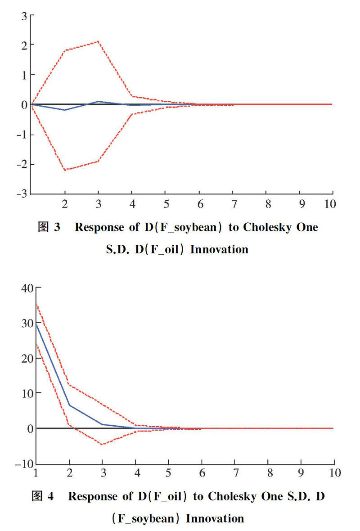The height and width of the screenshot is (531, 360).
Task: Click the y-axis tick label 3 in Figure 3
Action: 24,16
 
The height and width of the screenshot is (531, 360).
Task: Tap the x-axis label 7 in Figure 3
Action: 234,204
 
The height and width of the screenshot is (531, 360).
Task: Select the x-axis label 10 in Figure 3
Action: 330,204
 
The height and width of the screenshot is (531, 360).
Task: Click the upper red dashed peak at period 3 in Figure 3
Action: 98,41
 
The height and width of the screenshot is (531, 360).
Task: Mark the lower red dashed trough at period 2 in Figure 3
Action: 65,169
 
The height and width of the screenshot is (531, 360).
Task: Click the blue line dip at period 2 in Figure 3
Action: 65,110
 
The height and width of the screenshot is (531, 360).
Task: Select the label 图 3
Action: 49,227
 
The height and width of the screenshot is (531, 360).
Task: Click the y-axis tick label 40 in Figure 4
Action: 27,288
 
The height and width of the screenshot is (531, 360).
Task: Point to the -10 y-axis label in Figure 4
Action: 25,464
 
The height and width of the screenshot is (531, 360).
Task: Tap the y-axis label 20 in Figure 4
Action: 27,358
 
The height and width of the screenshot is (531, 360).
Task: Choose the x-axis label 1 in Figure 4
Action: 36,473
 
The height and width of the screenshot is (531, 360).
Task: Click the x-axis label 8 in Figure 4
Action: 270,473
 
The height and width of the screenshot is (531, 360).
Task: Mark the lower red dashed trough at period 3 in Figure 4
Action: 102,444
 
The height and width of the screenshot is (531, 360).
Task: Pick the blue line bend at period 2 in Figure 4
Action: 69,405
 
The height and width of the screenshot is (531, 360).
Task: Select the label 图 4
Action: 43,496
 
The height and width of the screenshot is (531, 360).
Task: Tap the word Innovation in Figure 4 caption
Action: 215,518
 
